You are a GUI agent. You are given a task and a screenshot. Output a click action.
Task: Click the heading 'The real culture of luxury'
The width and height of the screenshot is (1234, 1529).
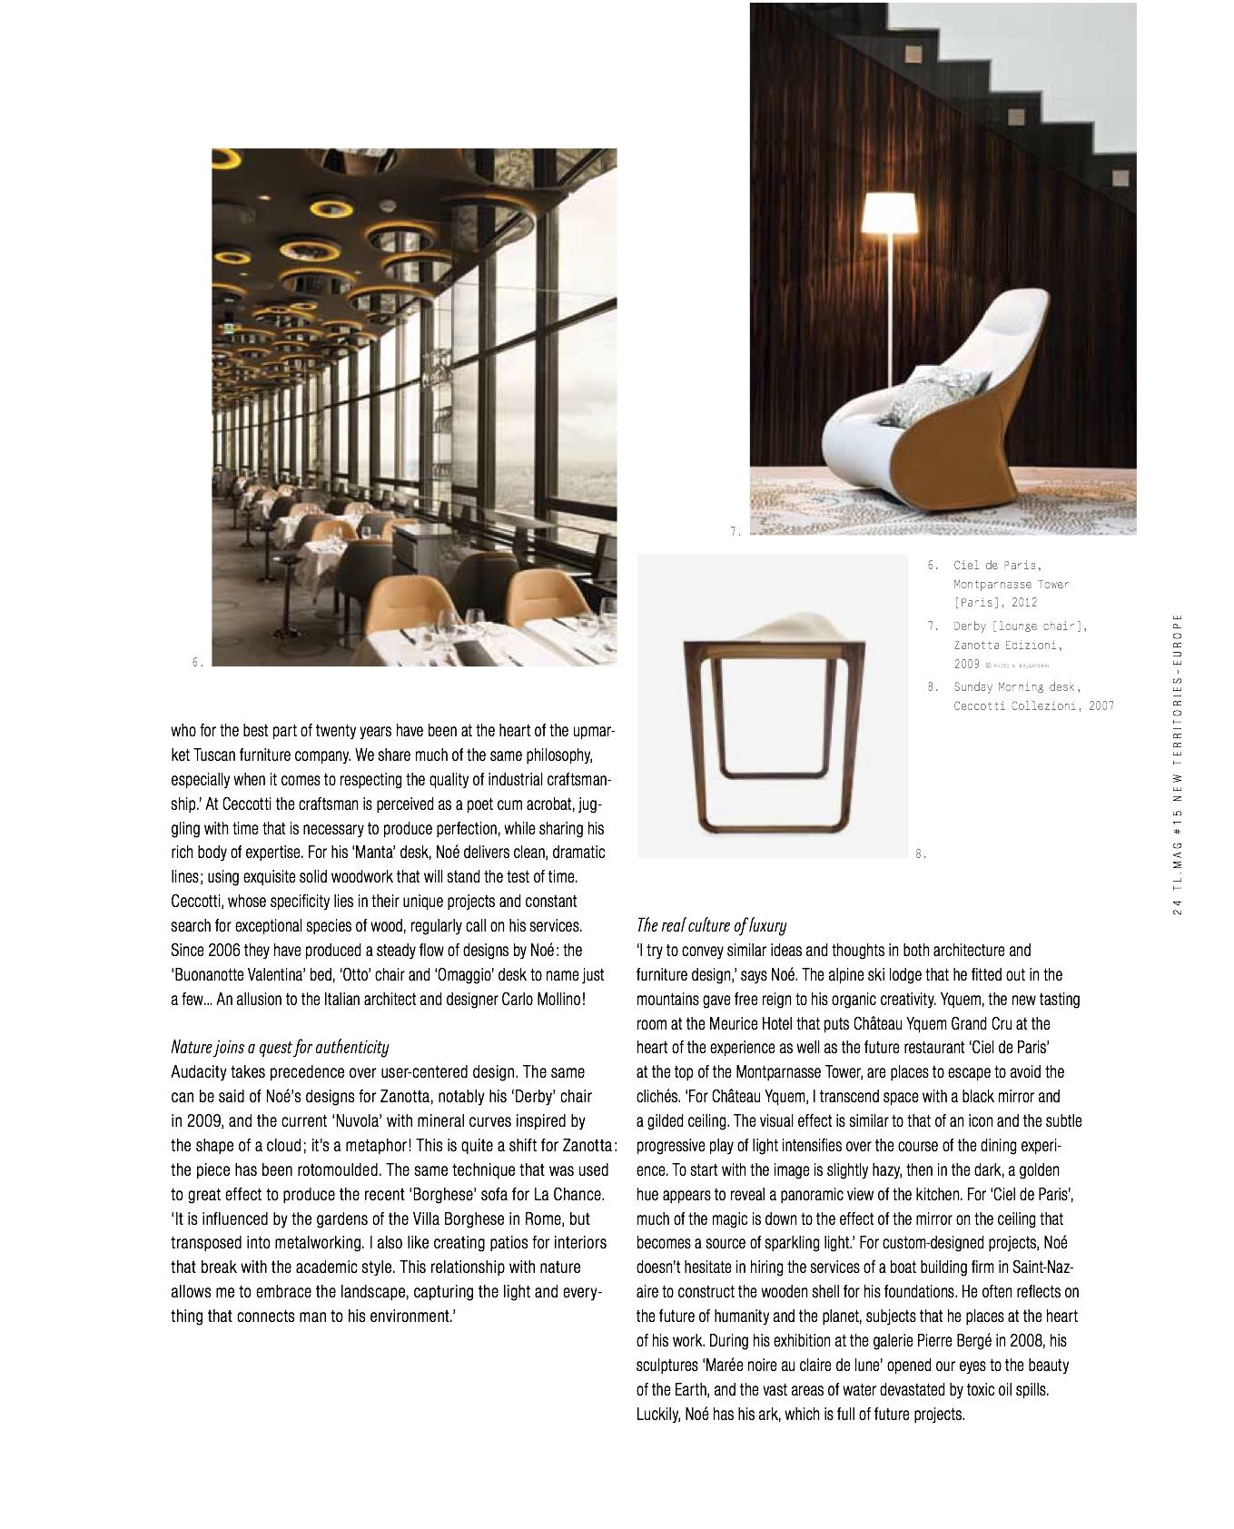(x=711, y=925)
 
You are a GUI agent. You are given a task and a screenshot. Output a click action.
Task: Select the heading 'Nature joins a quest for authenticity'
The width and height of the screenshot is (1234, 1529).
(x=280, y=1047)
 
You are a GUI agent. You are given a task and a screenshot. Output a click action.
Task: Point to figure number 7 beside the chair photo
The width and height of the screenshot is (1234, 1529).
(x=735, y=532)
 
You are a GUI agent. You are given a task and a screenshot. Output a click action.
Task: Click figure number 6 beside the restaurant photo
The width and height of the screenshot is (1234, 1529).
(x=197, y=663)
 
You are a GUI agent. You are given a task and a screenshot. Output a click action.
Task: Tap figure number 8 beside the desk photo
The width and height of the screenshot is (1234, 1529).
(x=920, y=853)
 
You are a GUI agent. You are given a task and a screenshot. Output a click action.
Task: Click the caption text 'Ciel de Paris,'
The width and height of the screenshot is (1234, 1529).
(x=998, y=566)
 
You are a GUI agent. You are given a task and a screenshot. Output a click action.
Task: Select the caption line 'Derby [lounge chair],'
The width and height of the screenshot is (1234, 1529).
(x=1020, y=626)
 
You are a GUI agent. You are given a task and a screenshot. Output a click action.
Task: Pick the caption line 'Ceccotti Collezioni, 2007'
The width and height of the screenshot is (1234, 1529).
(x=1033, y=705)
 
